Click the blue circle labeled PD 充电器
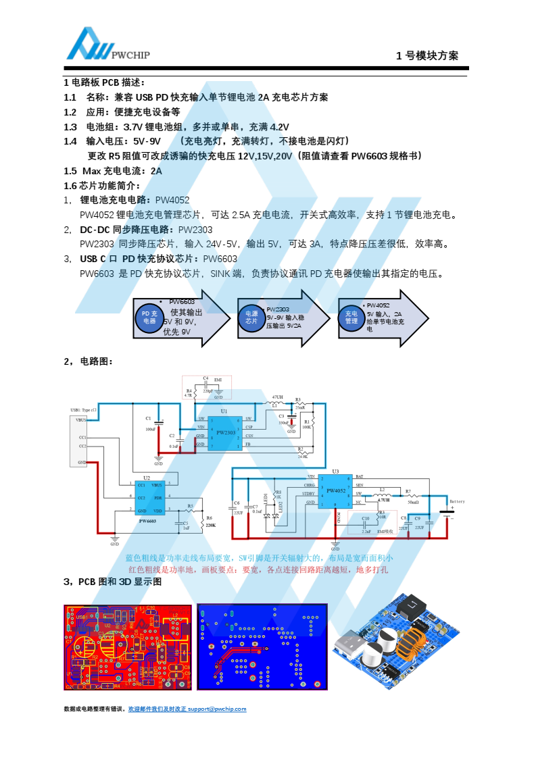149,318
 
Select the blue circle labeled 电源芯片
251,318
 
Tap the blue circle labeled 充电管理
351,318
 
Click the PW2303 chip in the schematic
224,432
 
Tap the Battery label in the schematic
457,501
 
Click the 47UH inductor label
277,397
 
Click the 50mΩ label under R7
413,503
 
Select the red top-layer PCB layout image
128,647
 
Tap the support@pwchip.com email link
217,709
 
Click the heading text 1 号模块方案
427,56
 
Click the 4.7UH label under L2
383,500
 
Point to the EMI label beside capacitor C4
218,380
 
